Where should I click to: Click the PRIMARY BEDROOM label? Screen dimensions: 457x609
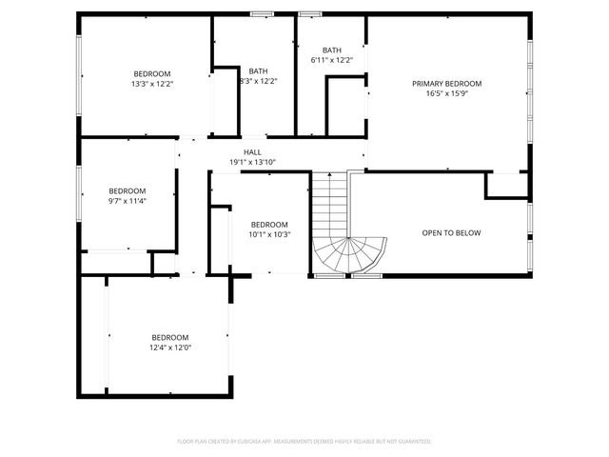coord(446,84)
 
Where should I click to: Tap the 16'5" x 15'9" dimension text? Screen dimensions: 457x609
coord(446,93)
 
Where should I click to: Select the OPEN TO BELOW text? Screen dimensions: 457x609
coord(451,233)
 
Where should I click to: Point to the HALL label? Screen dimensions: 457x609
coord(252,152)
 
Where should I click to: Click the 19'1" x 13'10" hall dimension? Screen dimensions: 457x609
coord(252,162)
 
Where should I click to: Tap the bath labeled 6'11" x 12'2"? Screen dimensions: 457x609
coord(331,60)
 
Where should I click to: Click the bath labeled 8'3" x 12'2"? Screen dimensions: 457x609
coord(258,81)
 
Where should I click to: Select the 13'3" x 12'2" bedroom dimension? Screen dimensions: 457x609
coord(152,84)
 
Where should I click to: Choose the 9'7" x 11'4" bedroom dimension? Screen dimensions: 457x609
coord(127,201)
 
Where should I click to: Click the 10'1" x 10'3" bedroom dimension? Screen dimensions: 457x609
coord(268,234)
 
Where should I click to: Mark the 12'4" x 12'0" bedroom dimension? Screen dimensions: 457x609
coord(170,348)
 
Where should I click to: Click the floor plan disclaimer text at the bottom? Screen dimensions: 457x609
coord(304,441)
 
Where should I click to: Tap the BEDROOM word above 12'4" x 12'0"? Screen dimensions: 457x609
coord(170,337)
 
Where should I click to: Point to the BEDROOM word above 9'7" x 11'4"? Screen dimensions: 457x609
coord(127,190)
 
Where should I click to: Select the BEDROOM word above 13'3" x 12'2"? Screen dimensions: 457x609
coord(152,74)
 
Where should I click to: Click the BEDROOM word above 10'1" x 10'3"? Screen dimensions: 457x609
coord(268,225)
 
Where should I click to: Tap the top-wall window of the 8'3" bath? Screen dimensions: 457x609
coord(260,13)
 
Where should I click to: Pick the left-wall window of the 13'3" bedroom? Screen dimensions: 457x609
coord(79,76)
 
